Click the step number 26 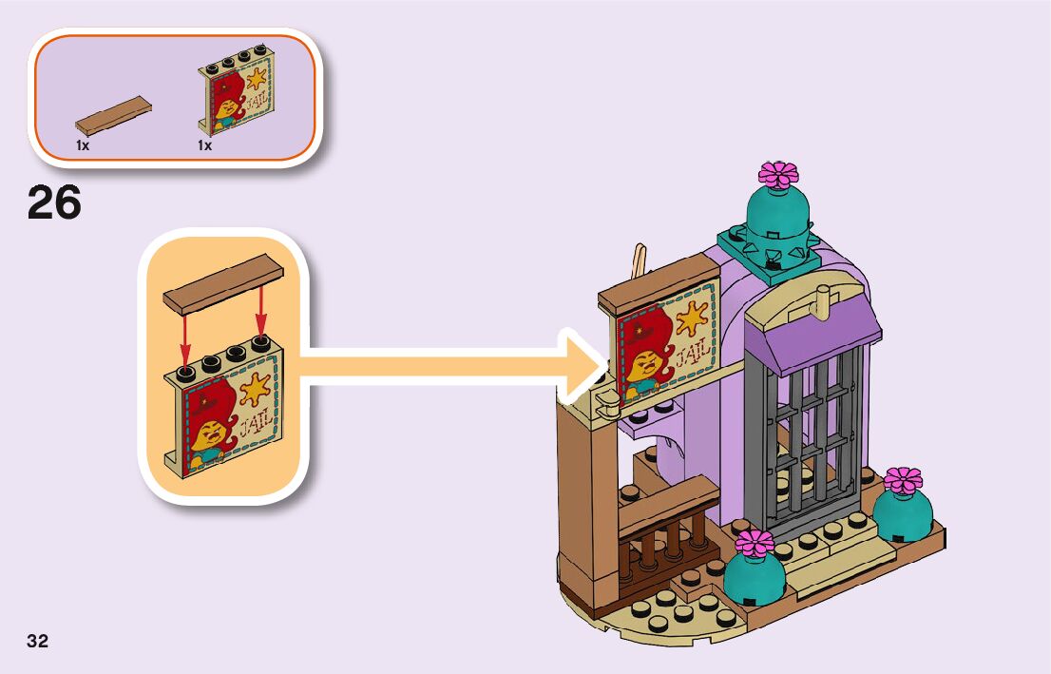click(54, 202)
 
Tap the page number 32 click(37, 641)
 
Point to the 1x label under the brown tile click(83, 145)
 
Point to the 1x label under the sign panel click(204, 145)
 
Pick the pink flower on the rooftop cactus click(778, 175)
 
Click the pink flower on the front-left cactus click(755, 543)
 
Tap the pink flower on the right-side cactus click(902, 480)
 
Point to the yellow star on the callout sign click(254, 388)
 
